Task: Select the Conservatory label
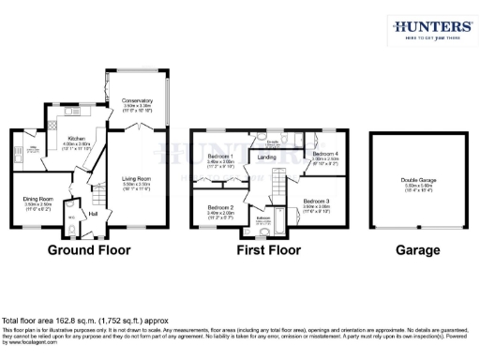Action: click(x=139, y=101)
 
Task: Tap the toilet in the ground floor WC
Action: click(x=74, y=223)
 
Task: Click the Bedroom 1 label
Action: click(x=220, y=156)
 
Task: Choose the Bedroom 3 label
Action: click(x=317, y=202)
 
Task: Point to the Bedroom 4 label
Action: click(x=324, y=154)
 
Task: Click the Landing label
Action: click(x=266, y=157)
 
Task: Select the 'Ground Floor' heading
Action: click(x=89, y=250)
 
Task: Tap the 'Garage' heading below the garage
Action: click(x=417, y=250)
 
